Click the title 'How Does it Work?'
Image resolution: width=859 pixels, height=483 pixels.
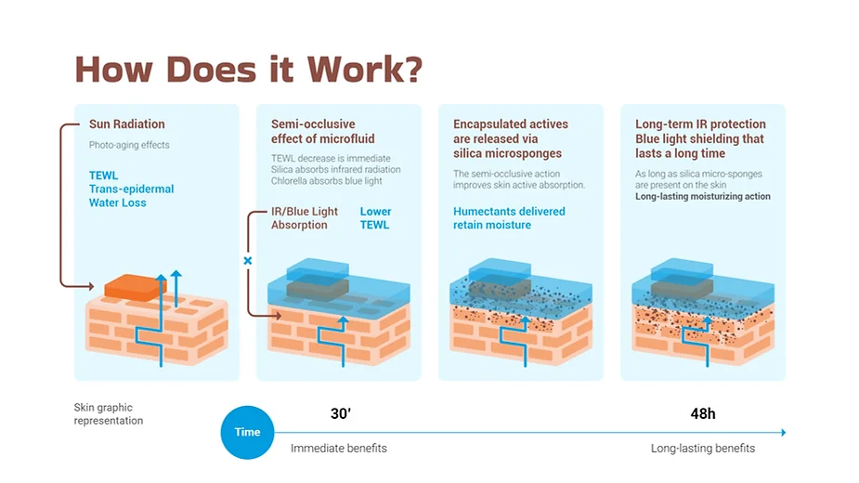(248, 70)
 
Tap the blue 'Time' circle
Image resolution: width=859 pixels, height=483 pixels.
(247, 432)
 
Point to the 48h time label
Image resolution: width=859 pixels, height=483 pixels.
(703, 414)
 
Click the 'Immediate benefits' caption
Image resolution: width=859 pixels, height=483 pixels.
(338, 449)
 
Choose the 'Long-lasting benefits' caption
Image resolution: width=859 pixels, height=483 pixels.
(702, 449)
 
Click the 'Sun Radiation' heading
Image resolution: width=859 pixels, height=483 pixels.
(126, 124)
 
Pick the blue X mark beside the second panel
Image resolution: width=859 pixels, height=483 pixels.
(248, 261)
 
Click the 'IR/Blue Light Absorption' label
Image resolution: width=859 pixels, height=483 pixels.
(305, 218)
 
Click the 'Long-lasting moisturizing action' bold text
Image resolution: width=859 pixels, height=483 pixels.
(702, 197)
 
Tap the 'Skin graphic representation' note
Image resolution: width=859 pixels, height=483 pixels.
(109, 414)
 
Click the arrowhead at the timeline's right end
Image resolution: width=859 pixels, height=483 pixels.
(783, 432)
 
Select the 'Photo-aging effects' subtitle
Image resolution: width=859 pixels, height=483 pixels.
(129, 146)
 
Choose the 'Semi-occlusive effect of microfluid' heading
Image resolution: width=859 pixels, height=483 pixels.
(313, 131)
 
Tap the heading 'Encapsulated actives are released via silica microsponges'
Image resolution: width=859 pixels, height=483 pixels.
(510, 138)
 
